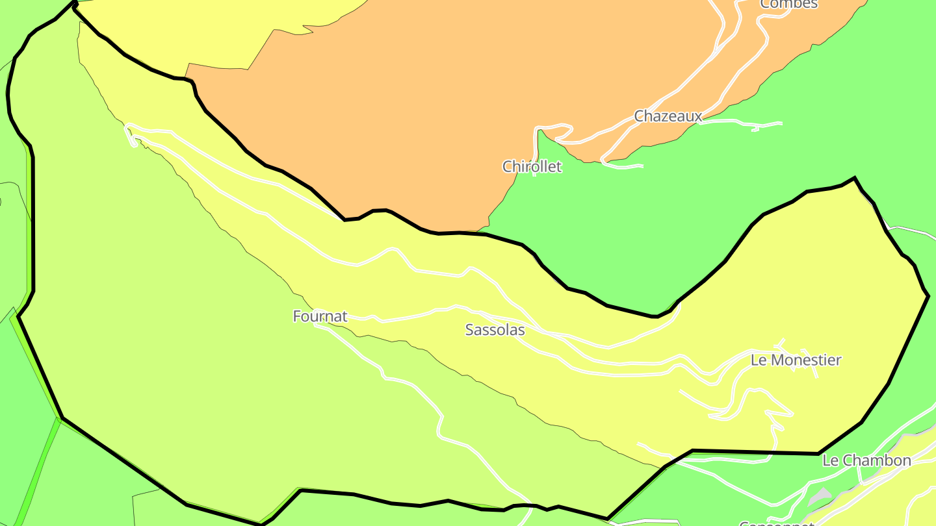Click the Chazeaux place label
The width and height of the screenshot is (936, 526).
(x=668, y=116)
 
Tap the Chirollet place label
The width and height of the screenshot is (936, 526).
(x=532, y=167)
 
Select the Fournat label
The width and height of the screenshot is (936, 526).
(x=320, y=316)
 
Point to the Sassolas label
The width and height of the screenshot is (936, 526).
(x=495, y=330)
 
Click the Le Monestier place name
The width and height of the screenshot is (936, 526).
(x=796, y=360)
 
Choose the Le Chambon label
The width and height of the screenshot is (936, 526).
(x=866, y=461)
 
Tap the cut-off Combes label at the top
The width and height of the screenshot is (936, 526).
(x=788, y=4)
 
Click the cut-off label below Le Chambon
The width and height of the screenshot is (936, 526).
(x=777, y=523)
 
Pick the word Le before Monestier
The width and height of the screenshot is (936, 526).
(x=758, y=360)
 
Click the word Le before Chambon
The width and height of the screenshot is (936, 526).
(x=830, y=461)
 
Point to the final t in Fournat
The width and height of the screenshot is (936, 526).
(x=344, y=317)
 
